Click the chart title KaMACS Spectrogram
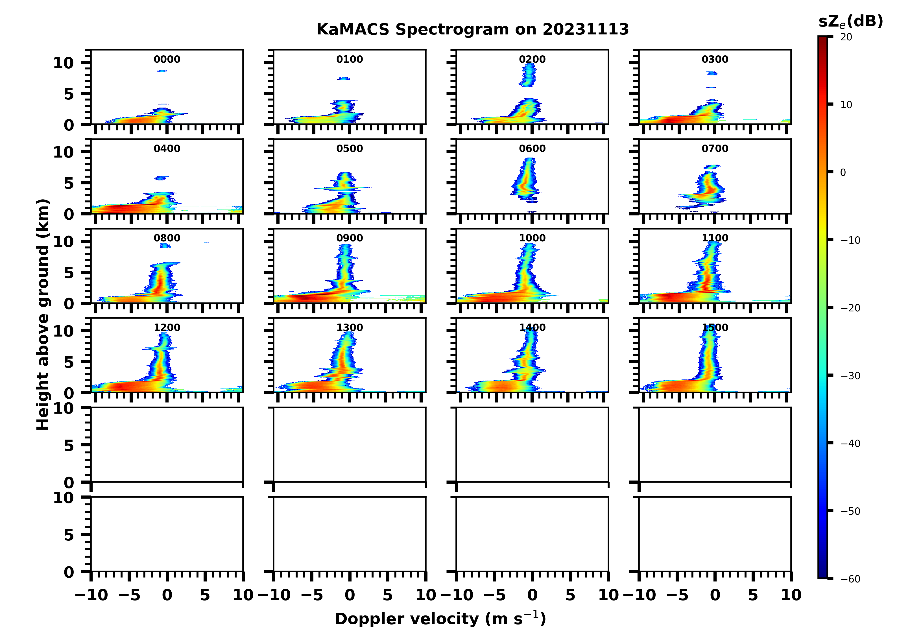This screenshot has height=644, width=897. [x=472, y=30]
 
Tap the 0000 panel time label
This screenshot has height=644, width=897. [x=167, y=59]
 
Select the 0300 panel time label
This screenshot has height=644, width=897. [x=715, y=59]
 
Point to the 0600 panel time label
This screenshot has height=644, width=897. [x=532, y=149]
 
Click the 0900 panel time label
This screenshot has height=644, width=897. [x=350, y=238]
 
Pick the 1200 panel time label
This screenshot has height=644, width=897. [x=167, y=328]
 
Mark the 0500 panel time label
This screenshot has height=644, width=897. [x=350, y=149]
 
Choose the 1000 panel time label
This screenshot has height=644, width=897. [x=532, y=238]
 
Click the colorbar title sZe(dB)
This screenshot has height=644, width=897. [x=850, y=22]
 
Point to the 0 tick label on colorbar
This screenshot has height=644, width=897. [x=843, y=173]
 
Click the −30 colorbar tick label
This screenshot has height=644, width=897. [x=850, y=376]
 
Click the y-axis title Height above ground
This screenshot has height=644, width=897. [x=43, y=315]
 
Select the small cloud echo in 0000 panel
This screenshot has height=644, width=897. [x=162, y=71]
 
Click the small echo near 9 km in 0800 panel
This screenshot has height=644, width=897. [x=165, y=246]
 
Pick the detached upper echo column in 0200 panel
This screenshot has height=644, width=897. [x=528, y=75]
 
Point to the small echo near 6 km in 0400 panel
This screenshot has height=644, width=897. [x=161, y=178]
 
